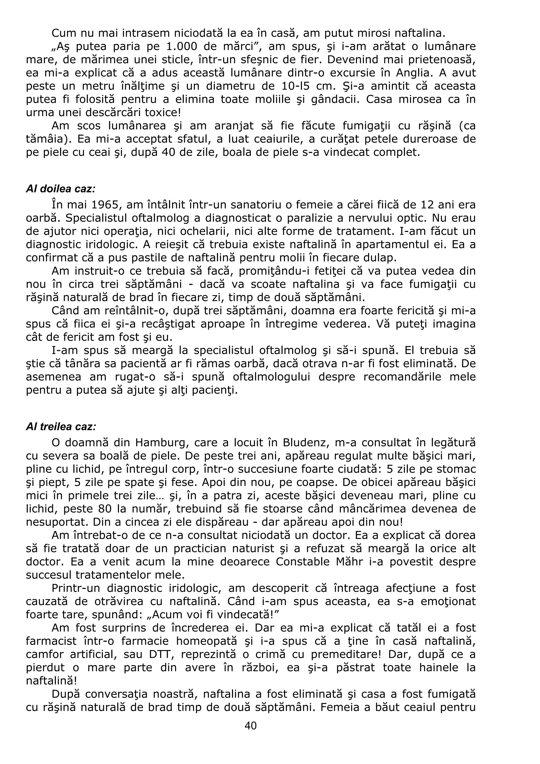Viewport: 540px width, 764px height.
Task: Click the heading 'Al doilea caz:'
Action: (x=61, y=189)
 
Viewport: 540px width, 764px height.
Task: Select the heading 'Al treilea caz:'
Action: (x=61, y=427)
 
